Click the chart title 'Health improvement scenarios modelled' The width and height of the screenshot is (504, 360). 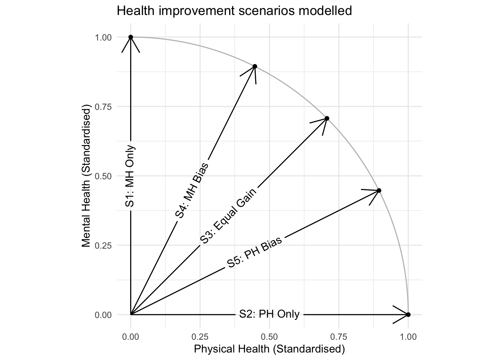(234, 11)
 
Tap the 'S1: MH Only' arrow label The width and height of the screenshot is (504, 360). (130, 175)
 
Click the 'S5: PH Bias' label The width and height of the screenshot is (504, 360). (255, 252)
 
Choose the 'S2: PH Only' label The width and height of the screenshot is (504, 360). (269, 314)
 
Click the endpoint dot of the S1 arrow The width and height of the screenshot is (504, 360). (130, 37)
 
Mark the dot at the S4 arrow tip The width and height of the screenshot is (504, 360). (255, 66)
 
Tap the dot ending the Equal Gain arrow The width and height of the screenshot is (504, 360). (327, 118)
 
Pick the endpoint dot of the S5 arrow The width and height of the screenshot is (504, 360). (379, 190)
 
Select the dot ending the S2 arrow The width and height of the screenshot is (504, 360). (408, 315)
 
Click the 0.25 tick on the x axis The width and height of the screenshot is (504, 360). (200, 336)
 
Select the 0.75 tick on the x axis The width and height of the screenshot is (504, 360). (339, 336)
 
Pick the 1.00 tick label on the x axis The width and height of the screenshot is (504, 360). (408, 336)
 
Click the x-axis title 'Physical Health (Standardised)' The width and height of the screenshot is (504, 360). (269, 349)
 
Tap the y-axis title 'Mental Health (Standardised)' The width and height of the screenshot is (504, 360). (87, 176)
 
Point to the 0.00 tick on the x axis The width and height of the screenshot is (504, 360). (130, 336)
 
